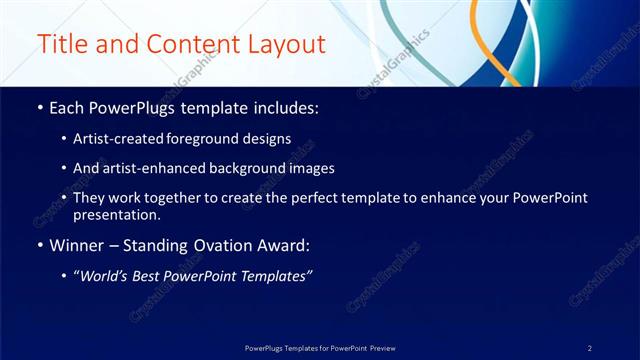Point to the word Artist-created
click(x=113, y=139)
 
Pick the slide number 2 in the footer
click(x=590, y=348)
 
